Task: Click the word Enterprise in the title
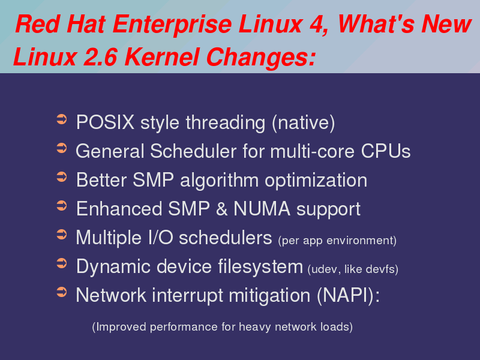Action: pos(172,25)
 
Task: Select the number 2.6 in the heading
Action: pos(100,57)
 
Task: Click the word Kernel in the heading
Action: pos(162,57)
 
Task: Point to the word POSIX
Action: pos(106,122)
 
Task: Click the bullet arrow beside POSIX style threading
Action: pos(62,119)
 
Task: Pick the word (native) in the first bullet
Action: pos(304,123)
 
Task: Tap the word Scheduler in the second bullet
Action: pos(193,151)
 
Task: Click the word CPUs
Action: pos(386,151)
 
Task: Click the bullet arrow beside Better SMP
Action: pos(62,177)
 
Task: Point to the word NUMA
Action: pos(262,209)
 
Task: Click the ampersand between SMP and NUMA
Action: pos(221,209)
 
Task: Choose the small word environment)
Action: pos(362,241)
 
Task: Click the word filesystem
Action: pos(260,266)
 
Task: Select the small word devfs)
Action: pos(382,269)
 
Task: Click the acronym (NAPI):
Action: pos(349,295)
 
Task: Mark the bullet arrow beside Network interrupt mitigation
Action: pos(62,292)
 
